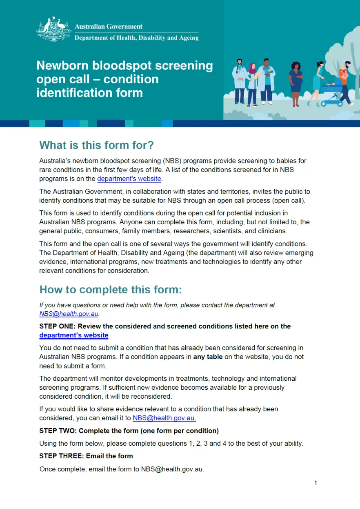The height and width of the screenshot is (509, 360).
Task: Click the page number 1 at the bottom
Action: coord(316,483)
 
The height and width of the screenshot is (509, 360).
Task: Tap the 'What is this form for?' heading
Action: coord(96,145)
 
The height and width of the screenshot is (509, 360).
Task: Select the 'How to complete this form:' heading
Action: coord(110,290)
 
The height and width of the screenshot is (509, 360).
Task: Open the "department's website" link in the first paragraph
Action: coord(129,179)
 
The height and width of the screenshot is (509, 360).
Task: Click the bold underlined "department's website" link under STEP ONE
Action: coord(74,335)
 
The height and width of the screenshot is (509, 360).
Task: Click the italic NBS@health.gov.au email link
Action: coord(69,314)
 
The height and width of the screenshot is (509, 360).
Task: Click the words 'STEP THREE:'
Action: coord(61,455)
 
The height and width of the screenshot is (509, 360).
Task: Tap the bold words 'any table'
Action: coord(208,357)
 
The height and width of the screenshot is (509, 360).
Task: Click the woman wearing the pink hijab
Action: coord(252,84)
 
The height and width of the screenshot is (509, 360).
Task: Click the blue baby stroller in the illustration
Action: coord(330,95)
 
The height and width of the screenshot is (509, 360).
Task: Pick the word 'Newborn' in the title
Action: coord(62,66)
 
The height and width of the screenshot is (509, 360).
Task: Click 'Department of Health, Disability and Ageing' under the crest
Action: coord(136,38)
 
